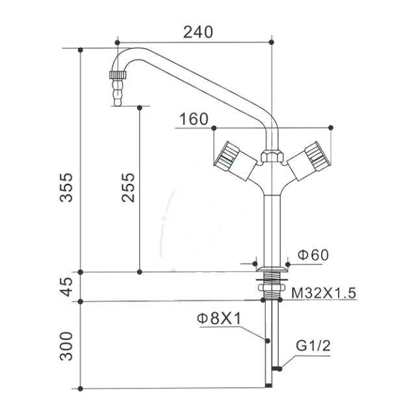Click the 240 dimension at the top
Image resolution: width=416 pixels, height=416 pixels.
point(198,32)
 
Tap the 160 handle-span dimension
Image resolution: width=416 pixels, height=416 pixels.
point(194,119)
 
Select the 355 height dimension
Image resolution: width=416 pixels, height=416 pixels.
point(66,188)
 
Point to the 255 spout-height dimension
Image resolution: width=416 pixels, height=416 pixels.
point(129,188)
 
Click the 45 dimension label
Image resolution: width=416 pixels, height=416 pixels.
point(66,287)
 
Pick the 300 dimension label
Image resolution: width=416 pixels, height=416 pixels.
point(66,346)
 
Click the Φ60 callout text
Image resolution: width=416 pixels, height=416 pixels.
point(313,255)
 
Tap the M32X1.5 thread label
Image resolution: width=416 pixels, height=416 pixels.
point(324,293)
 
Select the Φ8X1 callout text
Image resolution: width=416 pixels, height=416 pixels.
point(219,318)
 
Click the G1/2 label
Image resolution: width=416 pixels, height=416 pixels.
point(313,346)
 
